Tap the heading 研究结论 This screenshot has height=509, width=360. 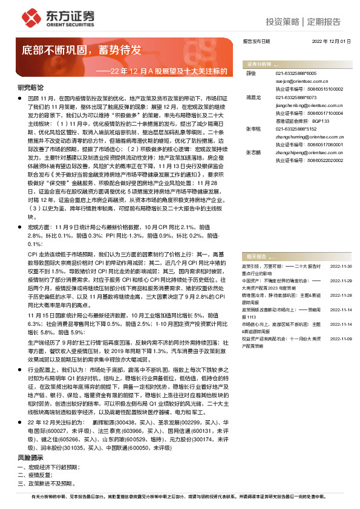(30, 87)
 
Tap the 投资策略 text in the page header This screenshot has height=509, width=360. (284, 22)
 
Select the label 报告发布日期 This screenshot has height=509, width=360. (256, 41)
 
